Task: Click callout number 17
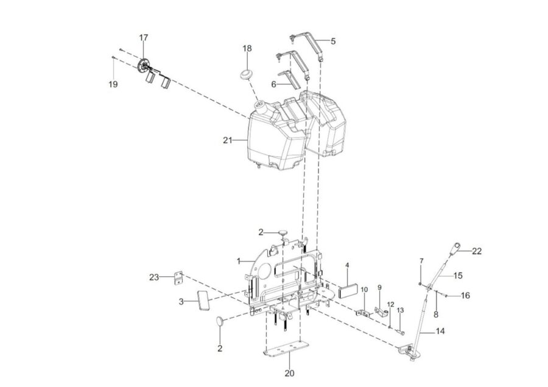(x=144, y=38)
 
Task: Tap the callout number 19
(x=113, y=84)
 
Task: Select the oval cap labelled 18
(x=247, y=75)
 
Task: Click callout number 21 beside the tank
(x=228, y=141)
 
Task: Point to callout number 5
(x=333, y=41)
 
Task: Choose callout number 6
(x=273, y=85)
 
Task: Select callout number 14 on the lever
(x=440, y=331)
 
